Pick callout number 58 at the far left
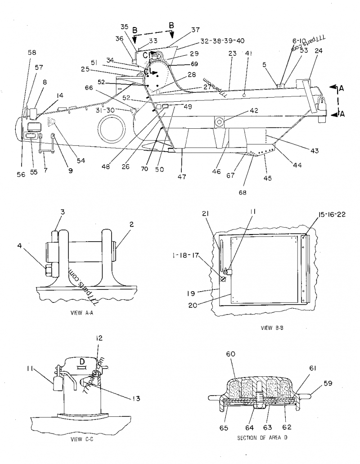(32, 53)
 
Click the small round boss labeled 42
(220, 122)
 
